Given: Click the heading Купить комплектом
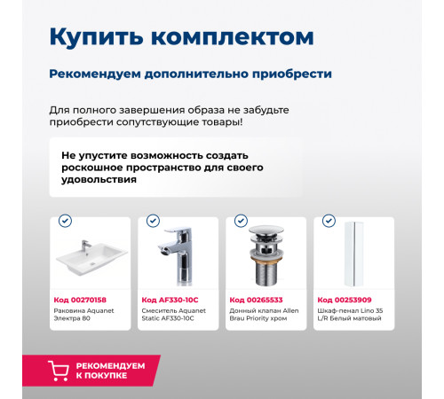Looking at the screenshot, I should coord(181,37).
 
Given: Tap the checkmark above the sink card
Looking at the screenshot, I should coord(65,221).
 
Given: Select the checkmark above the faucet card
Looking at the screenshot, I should coord(153,221).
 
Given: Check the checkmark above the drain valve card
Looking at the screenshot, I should coord(241,221).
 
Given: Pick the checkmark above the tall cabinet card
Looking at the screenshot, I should coord(329,221).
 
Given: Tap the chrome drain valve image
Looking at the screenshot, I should coord(265,257).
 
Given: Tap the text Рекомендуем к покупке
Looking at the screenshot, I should coord(112,371).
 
